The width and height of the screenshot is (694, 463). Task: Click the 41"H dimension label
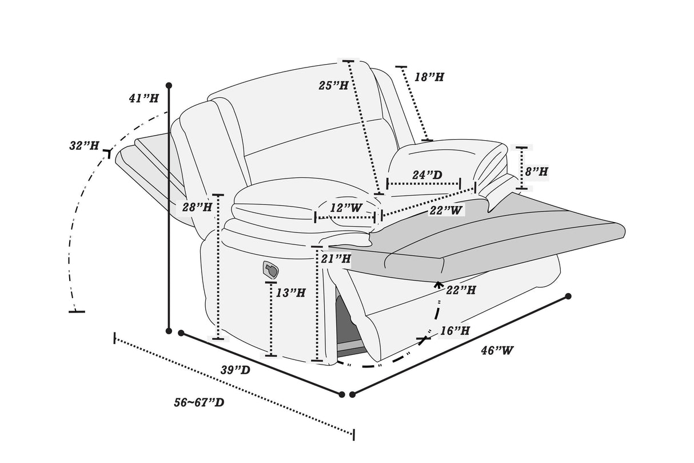[143, 98]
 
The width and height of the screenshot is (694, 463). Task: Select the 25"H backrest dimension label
[334, 86]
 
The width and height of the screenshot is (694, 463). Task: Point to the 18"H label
[429, 77]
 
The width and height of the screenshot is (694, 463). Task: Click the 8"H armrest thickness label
[536, 171]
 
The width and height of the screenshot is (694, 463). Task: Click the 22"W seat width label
[445, 211]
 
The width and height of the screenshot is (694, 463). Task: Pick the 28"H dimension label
[197, 207]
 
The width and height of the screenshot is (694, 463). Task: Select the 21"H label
[336, 259]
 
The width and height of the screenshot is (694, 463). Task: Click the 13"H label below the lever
[290, 293]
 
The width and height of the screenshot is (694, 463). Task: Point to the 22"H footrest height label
[461, 291]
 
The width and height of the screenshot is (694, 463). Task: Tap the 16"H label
[455, 330]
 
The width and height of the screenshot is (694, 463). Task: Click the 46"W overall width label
[497, 350]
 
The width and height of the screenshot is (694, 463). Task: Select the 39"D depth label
[236, 370]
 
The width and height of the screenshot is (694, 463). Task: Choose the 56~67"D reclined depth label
[199, 402]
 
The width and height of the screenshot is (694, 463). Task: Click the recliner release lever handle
[270, 268]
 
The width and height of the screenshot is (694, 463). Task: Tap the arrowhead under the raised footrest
[438, 283]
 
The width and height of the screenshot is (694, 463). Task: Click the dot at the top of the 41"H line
[169, 86]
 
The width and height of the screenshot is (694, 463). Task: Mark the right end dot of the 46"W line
[568, 296]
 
